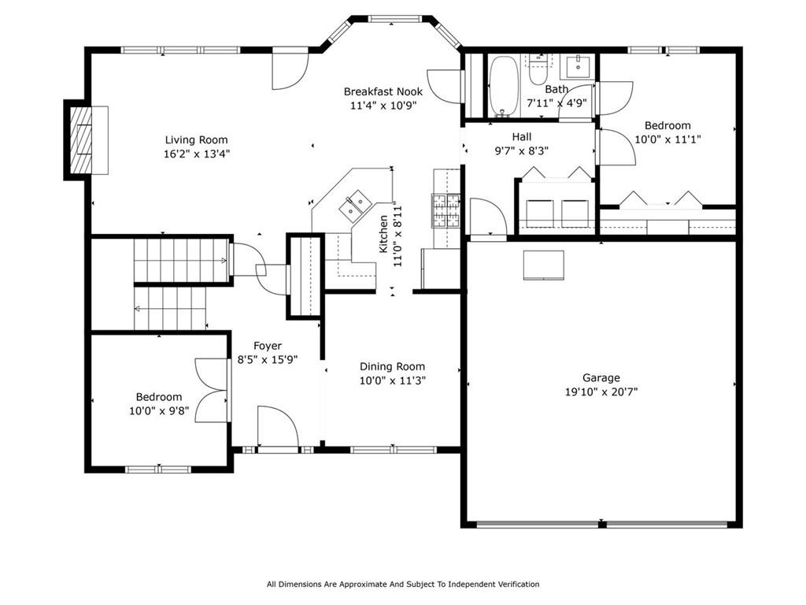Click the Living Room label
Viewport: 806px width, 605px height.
point(196,140)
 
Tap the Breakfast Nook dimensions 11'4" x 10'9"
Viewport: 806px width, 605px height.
point(383,106)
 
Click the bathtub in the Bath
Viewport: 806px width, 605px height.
point(504,86)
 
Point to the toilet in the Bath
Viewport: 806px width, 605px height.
point(538,71)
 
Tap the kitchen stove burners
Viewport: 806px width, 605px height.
point(446,210)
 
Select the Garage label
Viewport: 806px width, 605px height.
point(601,378)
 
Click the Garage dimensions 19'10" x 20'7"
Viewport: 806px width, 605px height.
point(601,392)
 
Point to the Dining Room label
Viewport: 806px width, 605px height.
point(392,367)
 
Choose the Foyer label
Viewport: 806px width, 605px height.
point(268,347)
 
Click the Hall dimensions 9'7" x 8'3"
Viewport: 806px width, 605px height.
point(522,150)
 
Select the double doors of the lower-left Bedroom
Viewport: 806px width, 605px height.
point(211,391)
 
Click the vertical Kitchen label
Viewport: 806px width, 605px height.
point(383,234)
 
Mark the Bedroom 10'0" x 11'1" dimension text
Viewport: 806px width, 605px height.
point(667,139)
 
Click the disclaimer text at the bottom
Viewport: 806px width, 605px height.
point(403,584)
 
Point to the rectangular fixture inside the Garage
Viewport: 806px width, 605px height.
point(544,265)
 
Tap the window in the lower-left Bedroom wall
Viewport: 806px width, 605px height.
point(158,470)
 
